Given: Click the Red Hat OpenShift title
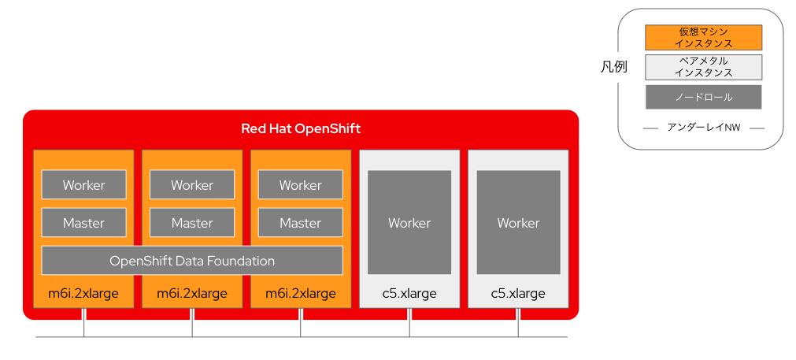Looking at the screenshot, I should click(301, 128).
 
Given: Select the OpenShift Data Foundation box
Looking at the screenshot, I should click(192, 261).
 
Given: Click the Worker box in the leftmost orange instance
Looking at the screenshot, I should click(83, 185).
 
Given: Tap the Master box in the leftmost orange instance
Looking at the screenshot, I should click(83, 223).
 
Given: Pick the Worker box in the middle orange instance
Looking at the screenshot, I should click(192, 185).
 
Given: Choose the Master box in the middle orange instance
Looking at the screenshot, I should click(192, 223).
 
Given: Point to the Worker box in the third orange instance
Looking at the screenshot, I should click(301, 185).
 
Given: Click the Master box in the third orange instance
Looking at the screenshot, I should click(301, 223).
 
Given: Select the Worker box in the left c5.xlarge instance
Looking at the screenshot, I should click(409, 223).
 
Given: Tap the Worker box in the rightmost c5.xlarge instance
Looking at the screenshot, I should click(518, 223).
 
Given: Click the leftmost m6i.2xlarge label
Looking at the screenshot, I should click(83, 294).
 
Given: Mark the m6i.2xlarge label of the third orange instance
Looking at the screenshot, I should click(301, 294).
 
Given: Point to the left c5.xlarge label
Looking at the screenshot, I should click(409, 294).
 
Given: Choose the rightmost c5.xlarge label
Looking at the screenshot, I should click(518, 294).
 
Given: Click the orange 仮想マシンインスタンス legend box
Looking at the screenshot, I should click(703, 38).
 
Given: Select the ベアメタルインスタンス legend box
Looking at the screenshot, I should click(703, 67).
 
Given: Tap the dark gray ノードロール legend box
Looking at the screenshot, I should click(703, 97).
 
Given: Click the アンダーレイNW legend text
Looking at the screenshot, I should click(703, 127).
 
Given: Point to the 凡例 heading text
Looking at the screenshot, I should click(614, 67).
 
